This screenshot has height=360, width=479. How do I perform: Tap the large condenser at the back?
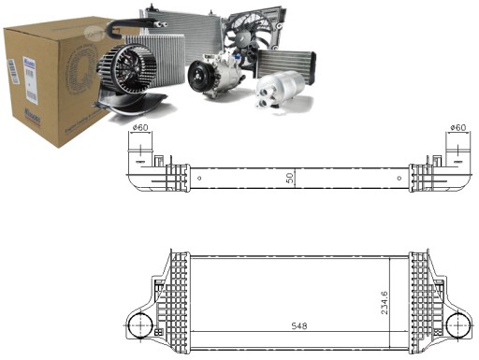pyautogui.click(x=178, y=28)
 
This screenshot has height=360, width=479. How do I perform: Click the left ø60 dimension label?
pyautogui.click(x=140, y=128)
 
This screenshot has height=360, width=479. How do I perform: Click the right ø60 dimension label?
pyautogui.click(x=457, y=128)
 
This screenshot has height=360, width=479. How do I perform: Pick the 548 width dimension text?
pyautogui.click(x=298, y=327)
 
